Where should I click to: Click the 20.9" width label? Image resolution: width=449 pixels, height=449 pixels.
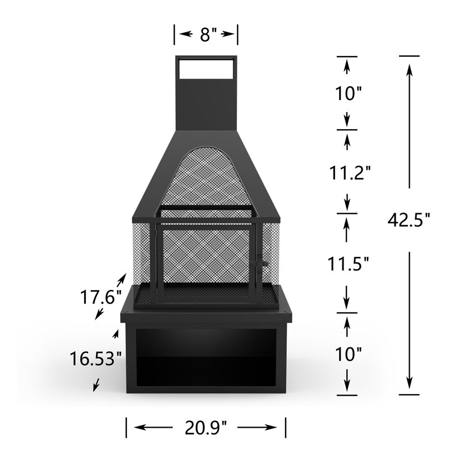pos(205,428)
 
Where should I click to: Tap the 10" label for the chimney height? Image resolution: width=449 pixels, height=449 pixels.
pos(348,93)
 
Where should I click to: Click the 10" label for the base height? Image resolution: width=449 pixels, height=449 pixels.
pos(348,354)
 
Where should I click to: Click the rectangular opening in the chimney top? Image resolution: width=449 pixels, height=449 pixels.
pos(205,68)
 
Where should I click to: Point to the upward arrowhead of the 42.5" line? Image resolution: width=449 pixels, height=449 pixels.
pos(409,68)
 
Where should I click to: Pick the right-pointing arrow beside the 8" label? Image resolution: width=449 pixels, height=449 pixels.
pos(228,35)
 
